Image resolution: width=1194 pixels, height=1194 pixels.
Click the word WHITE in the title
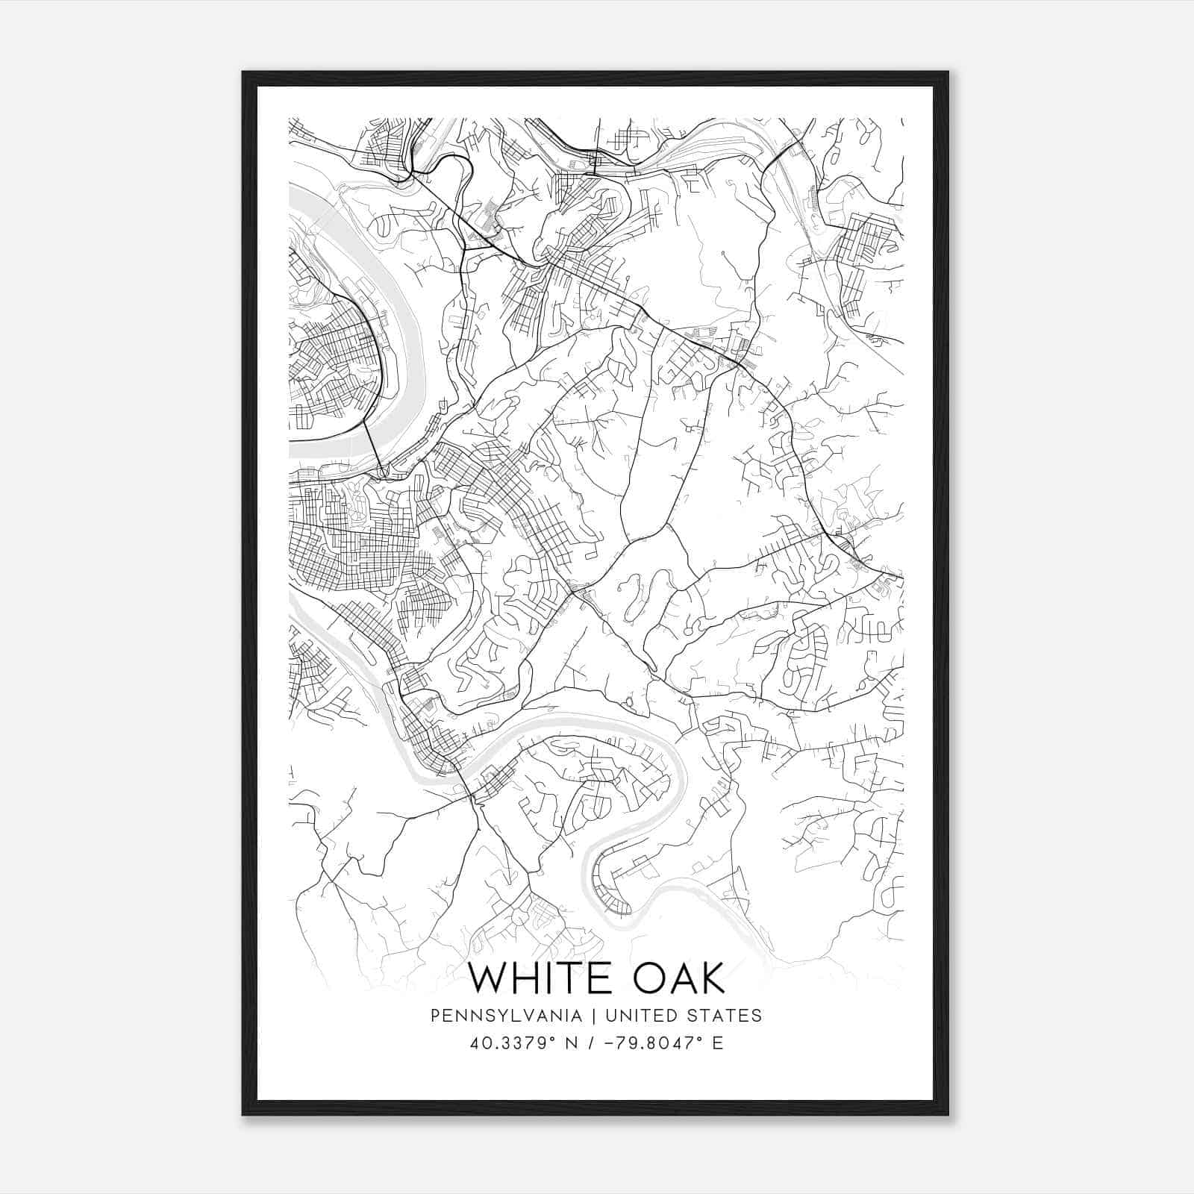[531, 978]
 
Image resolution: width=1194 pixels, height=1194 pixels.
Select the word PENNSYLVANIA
[506, 1016]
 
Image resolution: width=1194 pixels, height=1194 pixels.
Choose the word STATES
[725, 1016]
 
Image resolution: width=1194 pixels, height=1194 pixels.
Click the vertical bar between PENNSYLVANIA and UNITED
[594, 1016]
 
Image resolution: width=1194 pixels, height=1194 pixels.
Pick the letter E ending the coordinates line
[718, 1043]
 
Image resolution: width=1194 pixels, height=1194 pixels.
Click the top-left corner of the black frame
[244, 73]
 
